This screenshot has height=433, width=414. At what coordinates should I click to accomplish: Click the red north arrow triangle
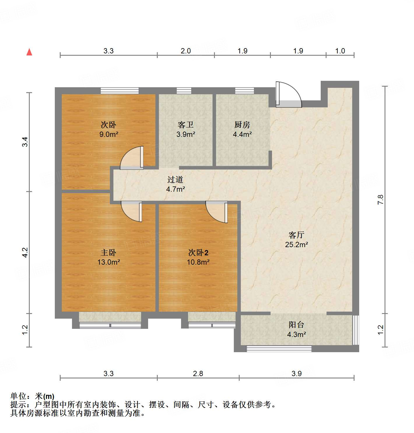click(x=29, y=52)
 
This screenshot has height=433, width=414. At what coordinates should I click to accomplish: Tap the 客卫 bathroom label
click(x=186, y=125)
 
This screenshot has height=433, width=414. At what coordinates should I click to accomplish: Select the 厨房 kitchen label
click(x=242, y=125)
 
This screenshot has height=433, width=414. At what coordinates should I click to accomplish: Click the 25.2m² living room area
click(x=296, y=245)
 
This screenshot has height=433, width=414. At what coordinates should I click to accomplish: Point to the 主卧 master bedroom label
click(x=108, y=253)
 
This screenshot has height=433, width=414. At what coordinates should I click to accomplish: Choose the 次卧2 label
click(x=198, y=253)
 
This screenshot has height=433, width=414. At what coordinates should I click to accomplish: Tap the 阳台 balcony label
click(x=296, y=325)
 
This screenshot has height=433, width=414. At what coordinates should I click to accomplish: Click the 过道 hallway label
click(x=175, y=180)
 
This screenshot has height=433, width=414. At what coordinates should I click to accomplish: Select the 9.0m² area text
click(x=108, y=135)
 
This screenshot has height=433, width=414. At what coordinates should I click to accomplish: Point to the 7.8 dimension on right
click(x=380, y=199)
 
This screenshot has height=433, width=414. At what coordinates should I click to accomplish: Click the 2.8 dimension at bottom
click(x=198, y=373)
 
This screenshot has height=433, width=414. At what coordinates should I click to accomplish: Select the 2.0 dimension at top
click(x=185, y=51)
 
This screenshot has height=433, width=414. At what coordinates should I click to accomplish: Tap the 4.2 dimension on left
click(x=25, y=252)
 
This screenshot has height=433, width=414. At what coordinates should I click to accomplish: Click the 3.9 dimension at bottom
click(x=297, y=373)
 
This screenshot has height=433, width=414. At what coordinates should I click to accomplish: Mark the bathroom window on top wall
click(x=184, y=91)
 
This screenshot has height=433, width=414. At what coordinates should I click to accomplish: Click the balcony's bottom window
click(x=279, y=348)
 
